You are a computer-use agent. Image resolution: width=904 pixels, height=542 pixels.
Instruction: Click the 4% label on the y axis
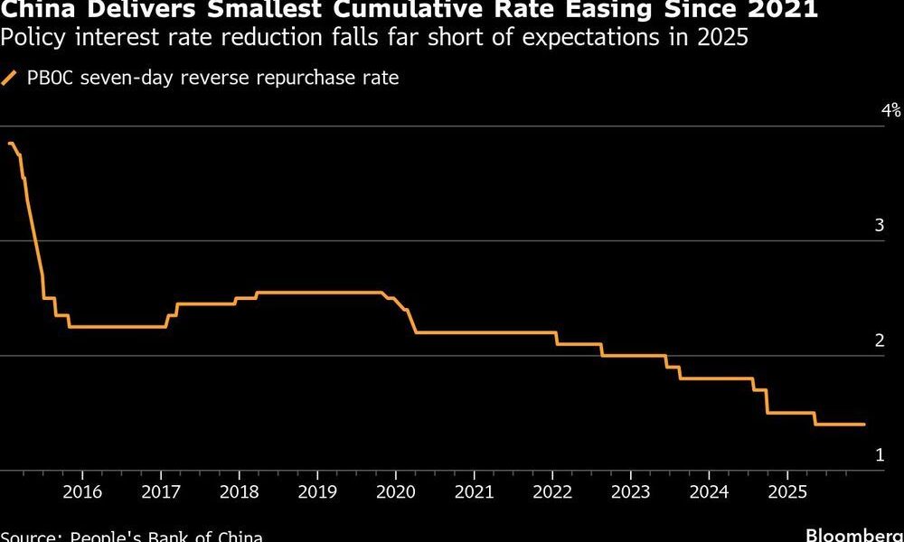[x=891, y=111]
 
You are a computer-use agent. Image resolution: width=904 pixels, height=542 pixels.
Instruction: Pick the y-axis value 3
[x=879, y=226]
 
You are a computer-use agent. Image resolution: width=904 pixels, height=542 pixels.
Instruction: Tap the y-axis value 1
[x=879, y=455]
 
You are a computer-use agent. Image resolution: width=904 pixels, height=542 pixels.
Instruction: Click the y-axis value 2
[x=879, y=341]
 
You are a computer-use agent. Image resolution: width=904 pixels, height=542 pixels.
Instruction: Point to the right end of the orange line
[x=865, y=425]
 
